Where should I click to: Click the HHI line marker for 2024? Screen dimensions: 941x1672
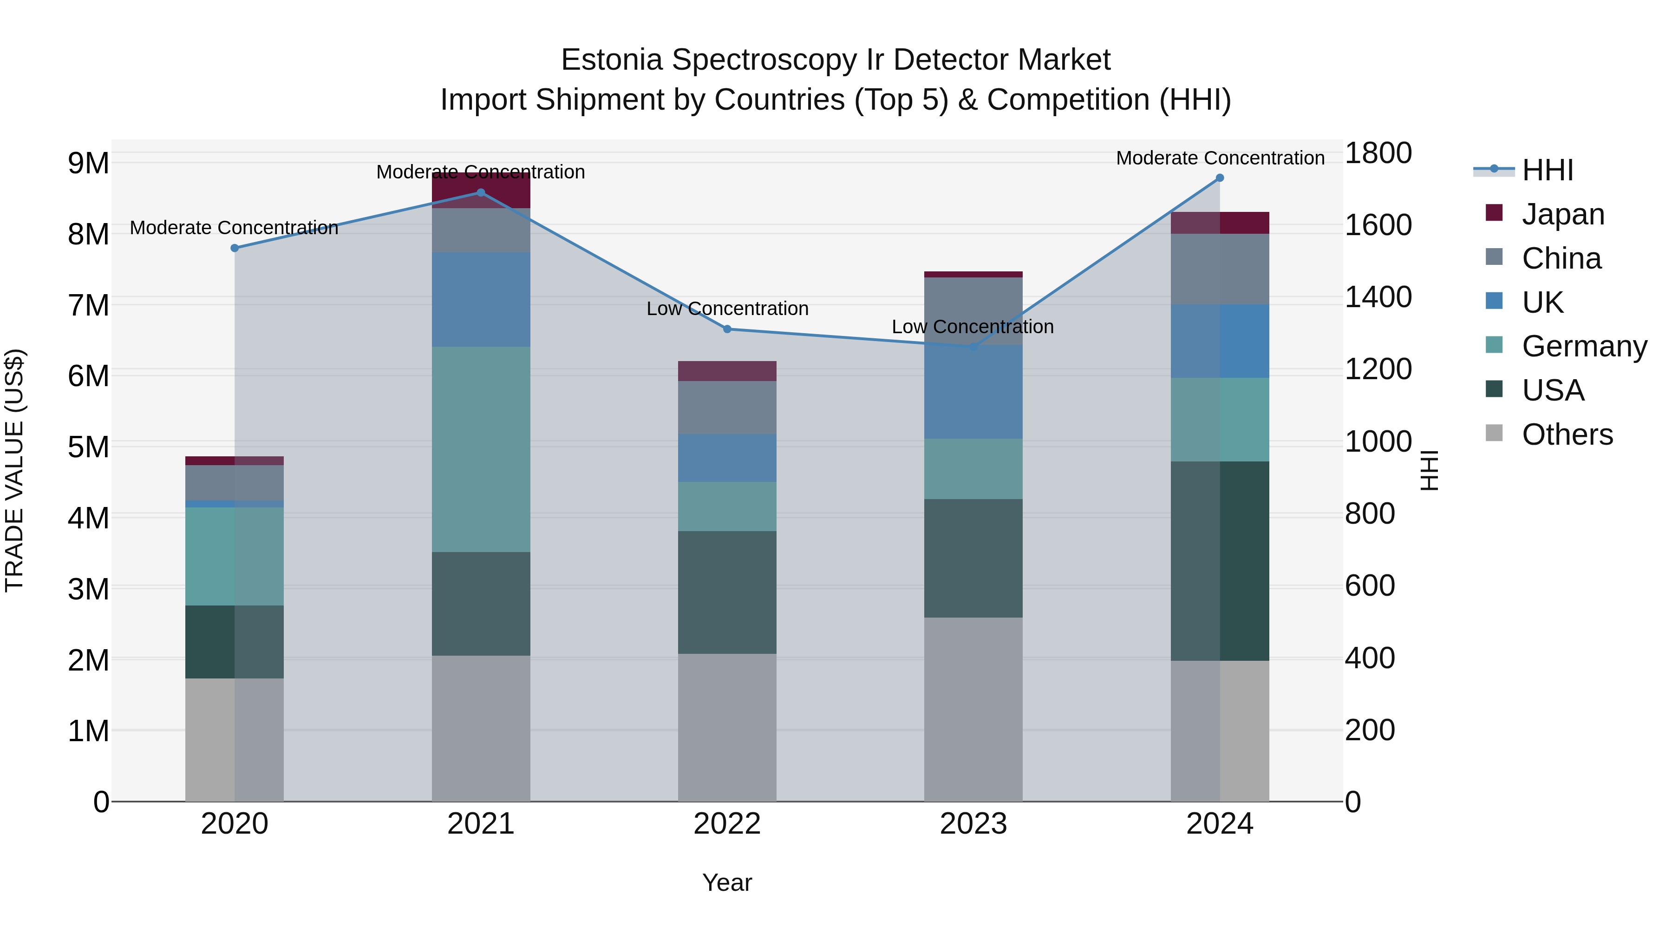[x=1220, y=178]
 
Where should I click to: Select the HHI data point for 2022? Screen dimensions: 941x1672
[x=727, y=329]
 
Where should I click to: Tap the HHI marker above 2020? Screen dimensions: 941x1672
[x=235, y=248]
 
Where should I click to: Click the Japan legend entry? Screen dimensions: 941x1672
[x=1562, y=214]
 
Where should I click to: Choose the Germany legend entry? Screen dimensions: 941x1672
[x=1584, y=346]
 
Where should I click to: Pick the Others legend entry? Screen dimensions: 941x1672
[x=1567, y=434]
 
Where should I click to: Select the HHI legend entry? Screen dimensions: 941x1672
[x=1548, y=170]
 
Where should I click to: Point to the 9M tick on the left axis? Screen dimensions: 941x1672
[x=89, y=163]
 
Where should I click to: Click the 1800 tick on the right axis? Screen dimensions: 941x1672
[x=1378, y=153]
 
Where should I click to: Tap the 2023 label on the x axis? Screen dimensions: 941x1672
[x=973, y=824]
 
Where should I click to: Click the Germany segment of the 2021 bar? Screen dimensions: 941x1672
[x=481, y=449]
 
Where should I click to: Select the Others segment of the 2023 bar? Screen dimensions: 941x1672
[x=973, y=709]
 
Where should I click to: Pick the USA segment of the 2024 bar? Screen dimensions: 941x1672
[x=1220, y=561]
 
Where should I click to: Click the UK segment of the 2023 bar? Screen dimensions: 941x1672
[x=973, y=392]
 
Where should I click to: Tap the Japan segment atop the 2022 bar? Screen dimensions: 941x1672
[x=727, y=371]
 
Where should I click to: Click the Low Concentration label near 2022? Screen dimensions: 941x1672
[x=727, y=309]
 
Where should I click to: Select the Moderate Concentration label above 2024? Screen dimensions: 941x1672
[x=1220, y=158]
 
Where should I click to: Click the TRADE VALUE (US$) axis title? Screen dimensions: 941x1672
[x=14, y=470]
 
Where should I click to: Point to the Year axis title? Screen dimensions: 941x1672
[x=727, y=882]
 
